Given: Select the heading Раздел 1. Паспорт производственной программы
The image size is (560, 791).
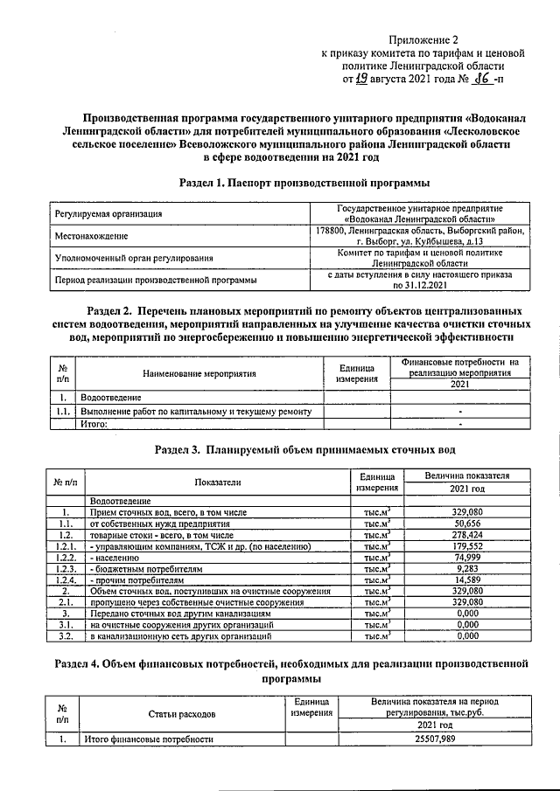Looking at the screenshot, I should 304,183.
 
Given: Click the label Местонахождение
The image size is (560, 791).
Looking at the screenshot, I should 92,236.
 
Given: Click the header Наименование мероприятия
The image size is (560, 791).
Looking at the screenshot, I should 200,372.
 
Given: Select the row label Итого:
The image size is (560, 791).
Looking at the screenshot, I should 94,424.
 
